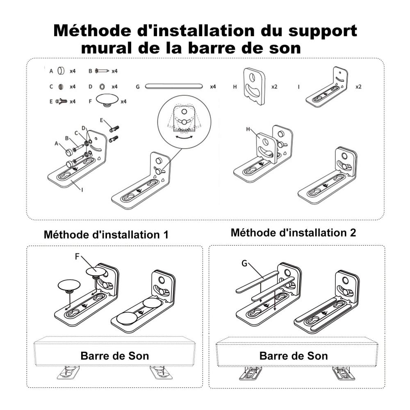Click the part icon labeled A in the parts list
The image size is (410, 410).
(x=61, y=71)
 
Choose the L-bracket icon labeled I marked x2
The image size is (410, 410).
(x=328, y=88)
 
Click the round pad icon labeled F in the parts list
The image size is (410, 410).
(x=107, y=100)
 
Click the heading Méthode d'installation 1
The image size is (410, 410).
(x=106, y=235)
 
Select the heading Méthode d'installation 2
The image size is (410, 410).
(x=293, y=233)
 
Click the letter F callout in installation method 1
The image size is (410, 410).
(x=77, y=256)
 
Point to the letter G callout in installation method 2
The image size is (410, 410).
(x=245, y=264)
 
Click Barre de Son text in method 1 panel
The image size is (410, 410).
(x=115, y=355)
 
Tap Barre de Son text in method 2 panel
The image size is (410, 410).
(x=294, y=355)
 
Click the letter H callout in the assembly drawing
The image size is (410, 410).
(x=248, y=129)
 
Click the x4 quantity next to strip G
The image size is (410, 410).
(x=213, y=87)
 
